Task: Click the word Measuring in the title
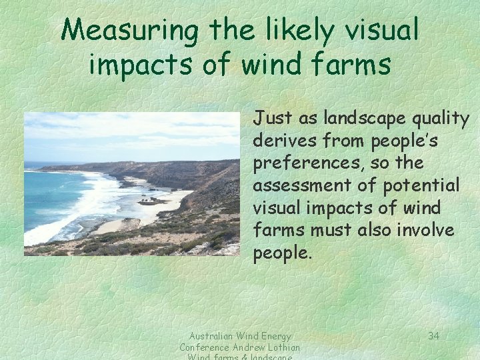(131, 30)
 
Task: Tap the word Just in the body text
(270, 119)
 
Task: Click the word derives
(279, 141)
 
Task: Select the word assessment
(294, 185)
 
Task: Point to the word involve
(428, 230)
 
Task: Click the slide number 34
(433, 336)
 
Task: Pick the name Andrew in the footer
(250, 347)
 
